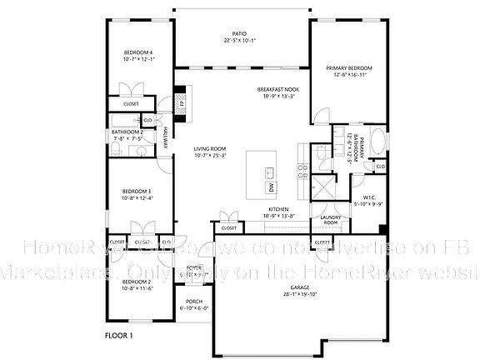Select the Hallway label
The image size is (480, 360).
pos(165,137)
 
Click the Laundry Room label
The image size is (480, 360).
pos(330,220)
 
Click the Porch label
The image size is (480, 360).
pos(194,303)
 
